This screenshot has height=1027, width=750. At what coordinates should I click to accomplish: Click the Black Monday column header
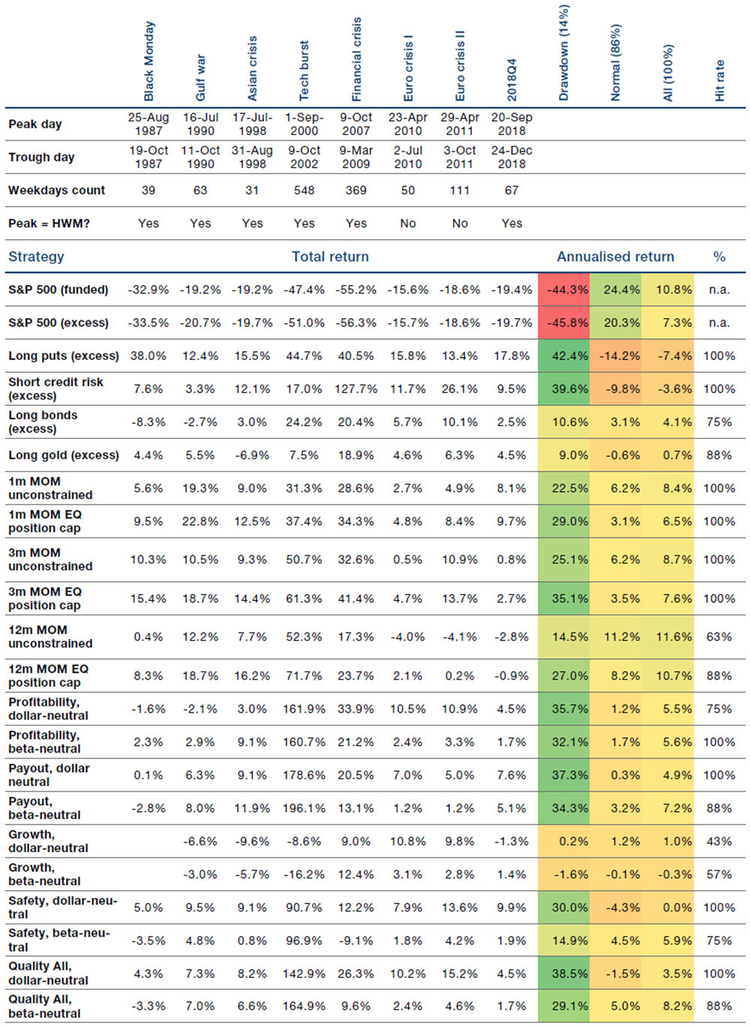148,62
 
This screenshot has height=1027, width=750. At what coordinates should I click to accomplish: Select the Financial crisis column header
356,59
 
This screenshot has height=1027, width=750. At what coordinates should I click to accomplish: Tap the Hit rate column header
719,81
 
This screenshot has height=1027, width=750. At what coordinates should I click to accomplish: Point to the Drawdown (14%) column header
563,53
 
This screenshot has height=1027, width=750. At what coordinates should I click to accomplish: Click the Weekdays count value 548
304,190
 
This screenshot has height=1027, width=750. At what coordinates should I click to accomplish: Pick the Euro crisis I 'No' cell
408,224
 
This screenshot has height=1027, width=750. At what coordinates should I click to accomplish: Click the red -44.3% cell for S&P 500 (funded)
564,290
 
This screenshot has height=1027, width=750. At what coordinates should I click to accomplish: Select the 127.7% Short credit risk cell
356,389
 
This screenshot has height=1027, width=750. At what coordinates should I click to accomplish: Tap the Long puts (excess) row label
64,356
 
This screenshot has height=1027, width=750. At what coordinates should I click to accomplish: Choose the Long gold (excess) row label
64,455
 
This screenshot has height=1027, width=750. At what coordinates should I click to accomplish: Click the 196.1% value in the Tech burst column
304,808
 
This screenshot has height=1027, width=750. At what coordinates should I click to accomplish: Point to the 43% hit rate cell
719,841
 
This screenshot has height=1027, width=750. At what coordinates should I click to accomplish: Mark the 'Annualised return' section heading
615,257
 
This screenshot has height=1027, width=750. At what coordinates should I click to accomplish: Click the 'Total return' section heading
330,257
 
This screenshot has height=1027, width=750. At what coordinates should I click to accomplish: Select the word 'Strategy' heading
36,257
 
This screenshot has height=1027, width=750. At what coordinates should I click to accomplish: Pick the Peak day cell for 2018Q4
511,124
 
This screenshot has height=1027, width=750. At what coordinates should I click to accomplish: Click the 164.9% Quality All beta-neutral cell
304,1006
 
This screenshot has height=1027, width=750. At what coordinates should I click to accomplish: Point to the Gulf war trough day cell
200,157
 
